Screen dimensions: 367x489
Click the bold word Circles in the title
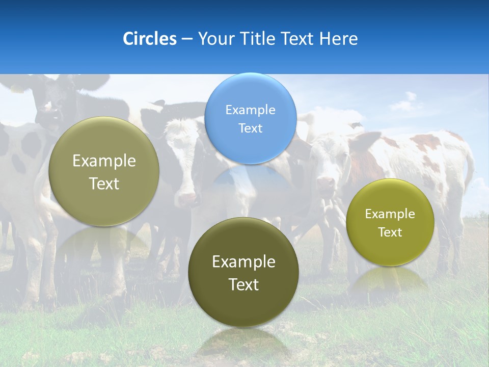coord(149,39)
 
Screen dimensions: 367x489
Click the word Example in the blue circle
coord(250,110)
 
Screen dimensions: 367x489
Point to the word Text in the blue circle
coord(250,128)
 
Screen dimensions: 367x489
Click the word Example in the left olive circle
coord(104,161)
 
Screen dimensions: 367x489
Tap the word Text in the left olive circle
coord(104,183)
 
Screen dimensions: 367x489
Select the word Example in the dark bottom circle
coord(243,262)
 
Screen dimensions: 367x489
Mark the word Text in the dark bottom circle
coord(243,284)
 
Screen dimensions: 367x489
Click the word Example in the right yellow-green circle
coord(390,214)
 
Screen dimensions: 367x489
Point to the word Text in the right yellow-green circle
coord(390,232)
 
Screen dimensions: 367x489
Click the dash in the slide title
coord(187,39)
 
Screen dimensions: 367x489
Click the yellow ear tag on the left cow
coord(17,89)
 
